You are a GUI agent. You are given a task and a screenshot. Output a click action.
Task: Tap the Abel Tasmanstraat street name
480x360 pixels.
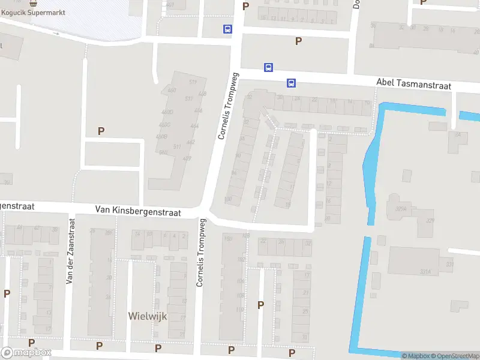click(413, 85)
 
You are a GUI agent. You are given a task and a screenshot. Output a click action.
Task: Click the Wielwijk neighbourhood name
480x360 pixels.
click(148, 316)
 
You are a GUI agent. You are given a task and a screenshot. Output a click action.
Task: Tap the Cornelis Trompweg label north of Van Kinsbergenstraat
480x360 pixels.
click(229, 106)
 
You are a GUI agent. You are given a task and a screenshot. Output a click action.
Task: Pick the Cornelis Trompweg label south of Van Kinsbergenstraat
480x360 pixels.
click(201, 252)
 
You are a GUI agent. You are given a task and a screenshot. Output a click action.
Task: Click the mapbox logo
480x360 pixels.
click(26, 353)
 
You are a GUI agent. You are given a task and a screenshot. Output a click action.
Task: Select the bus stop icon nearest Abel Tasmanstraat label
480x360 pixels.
click(291, 83)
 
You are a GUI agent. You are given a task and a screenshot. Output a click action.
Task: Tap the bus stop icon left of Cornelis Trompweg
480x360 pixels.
click(227, 28)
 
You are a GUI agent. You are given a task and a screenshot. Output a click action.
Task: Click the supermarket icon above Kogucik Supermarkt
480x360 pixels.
click(32, 2)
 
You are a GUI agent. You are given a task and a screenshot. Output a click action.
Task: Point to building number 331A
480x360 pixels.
click(425, 271)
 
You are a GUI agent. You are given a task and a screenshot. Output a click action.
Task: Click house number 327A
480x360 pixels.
click(401, 209)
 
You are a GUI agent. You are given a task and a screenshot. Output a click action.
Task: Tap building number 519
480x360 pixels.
click(193, 82)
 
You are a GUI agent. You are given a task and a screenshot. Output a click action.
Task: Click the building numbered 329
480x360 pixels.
click(430, 221)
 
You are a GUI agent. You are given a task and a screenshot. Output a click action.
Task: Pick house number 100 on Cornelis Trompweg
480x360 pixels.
click(228, 199)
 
